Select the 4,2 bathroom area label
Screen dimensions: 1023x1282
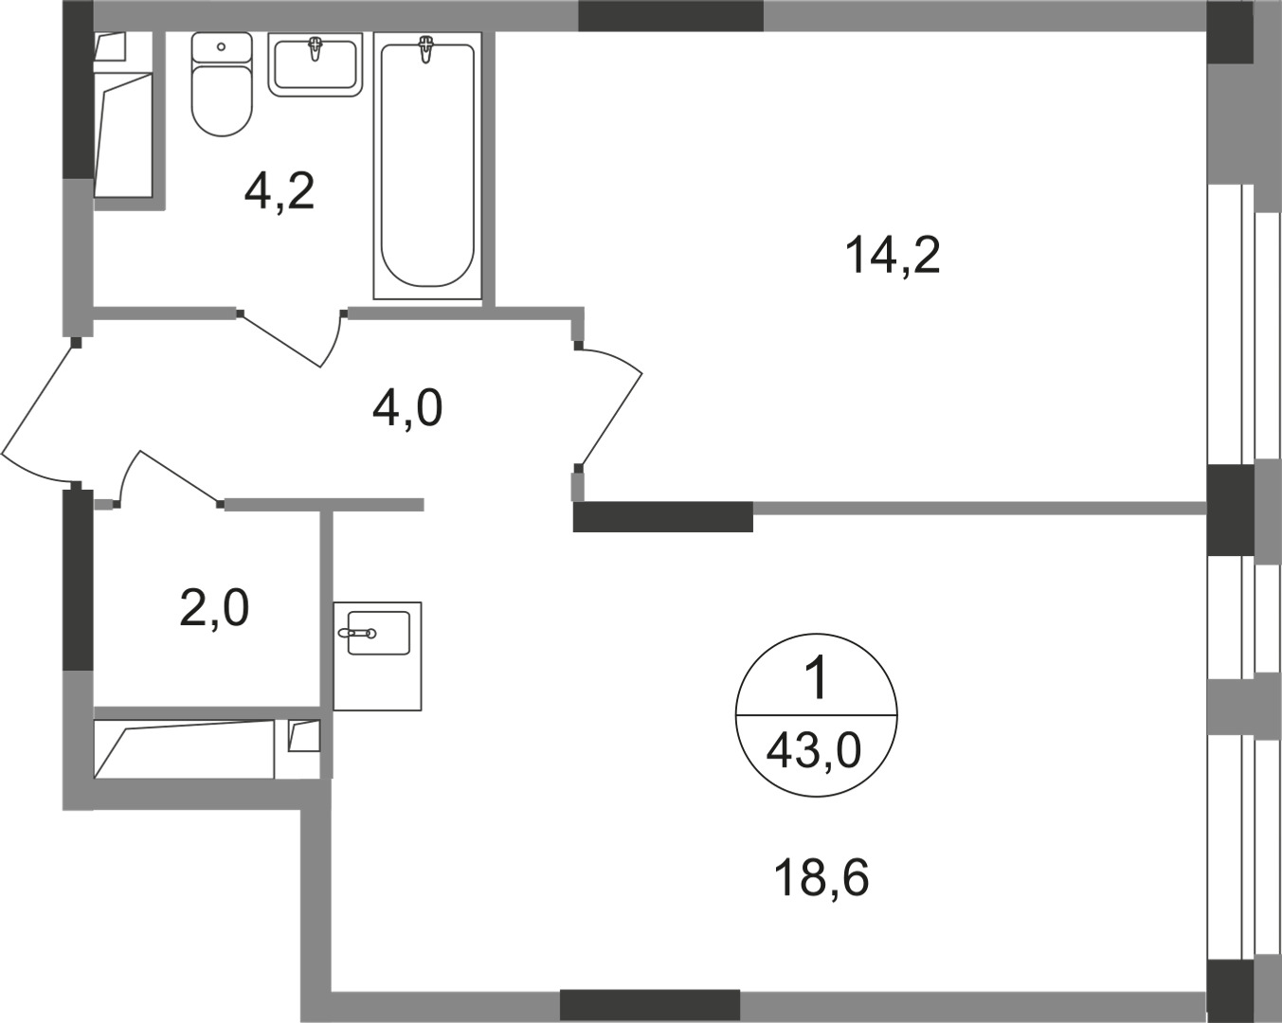click(279, 192)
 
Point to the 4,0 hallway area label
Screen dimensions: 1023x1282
click(407, 410)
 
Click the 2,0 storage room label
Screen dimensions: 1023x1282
click(214, 608)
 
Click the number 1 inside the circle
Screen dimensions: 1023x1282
click(815, 680)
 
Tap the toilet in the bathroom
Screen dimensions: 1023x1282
click(222, 95)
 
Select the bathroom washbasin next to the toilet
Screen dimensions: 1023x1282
click(316, 63)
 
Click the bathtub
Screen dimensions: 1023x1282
click(426, 166)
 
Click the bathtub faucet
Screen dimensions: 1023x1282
click(427, 47)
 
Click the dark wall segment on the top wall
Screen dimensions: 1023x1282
click(670, 16)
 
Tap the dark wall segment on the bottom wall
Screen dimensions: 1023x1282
click(649, 1005)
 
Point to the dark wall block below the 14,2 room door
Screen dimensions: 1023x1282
click(662, 517)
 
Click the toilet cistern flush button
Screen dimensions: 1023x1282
click(222, 45)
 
